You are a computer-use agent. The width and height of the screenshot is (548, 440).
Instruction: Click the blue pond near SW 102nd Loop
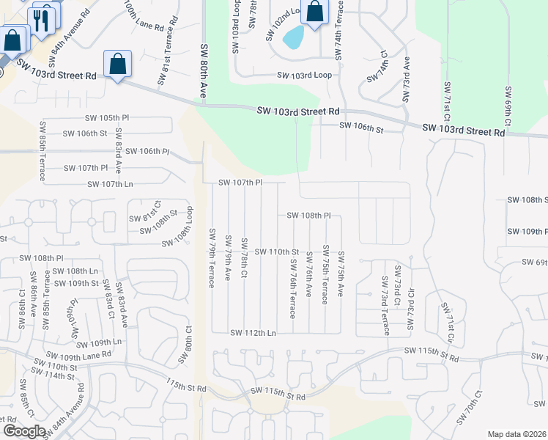pyautogui.click(x=294, y=37)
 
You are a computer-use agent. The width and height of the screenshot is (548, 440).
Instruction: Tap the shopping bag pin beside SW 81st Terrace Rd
pyautogui.click(x=117, y=65)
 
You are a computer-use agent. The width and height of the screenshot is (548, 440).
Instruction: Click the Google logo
pyautogui.click(x=24, y=431)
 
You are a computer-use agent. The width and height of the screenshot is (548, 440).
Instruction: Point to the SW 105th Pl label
pyautogui.click(x=107, y=118)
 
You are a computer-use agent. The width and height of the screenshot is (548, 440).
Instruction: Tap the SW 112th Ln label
pyautogui.click(x=253, y=333)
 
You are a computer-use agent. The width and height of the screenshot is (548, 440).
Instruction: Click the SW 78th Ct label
pyautogui.click(x=245, y=257)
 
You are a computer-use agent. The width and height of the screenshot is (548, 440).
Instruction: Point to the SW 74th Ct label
pyautogui.click(x=383, y=68)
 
